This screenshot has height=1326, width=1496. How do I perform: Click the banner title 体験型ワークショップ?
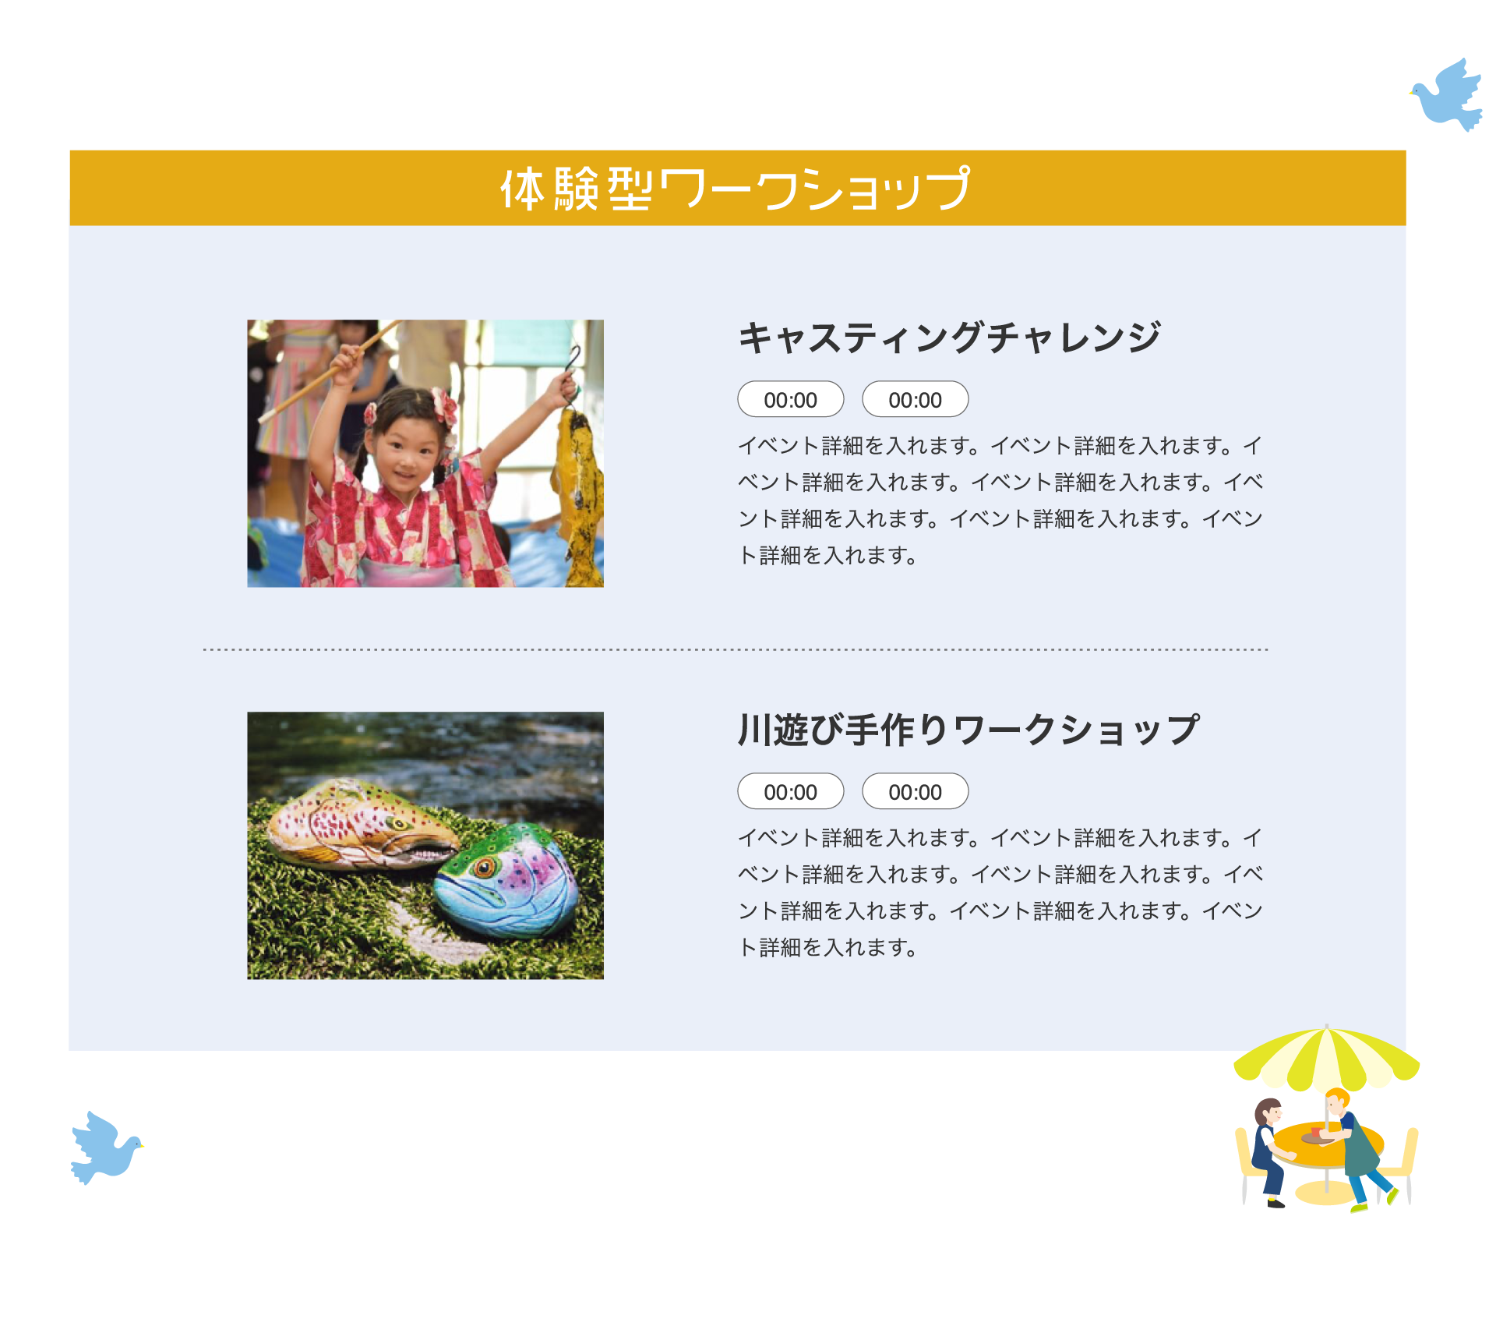click(x=736, y=189)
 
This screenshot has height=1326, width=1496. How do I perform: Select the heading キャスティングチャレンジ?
click(x=950, y=338)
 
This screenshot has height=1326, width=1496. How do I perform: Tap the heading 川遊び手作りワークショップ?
click(x=969, y=730)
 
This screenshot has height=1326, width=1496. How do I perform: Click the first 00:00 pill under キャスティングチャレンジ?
click(x=791, y=400)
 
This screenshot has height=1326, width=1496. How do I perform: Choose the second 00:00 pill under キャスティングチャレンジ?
click(x=916, y=400)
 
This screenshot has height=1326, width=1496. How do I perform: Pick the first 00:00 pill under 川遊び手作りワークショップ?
click(x=791, y=792)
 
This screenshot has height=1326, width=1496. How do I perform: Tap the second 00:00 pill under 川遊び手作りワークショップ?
click(x=916, y=792)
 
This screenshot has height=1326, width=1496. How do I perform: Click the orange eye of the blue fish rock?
click(x=485, y=868)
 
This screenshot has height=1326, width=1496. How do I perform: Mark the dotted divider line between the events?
click(x=736, y=649)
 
